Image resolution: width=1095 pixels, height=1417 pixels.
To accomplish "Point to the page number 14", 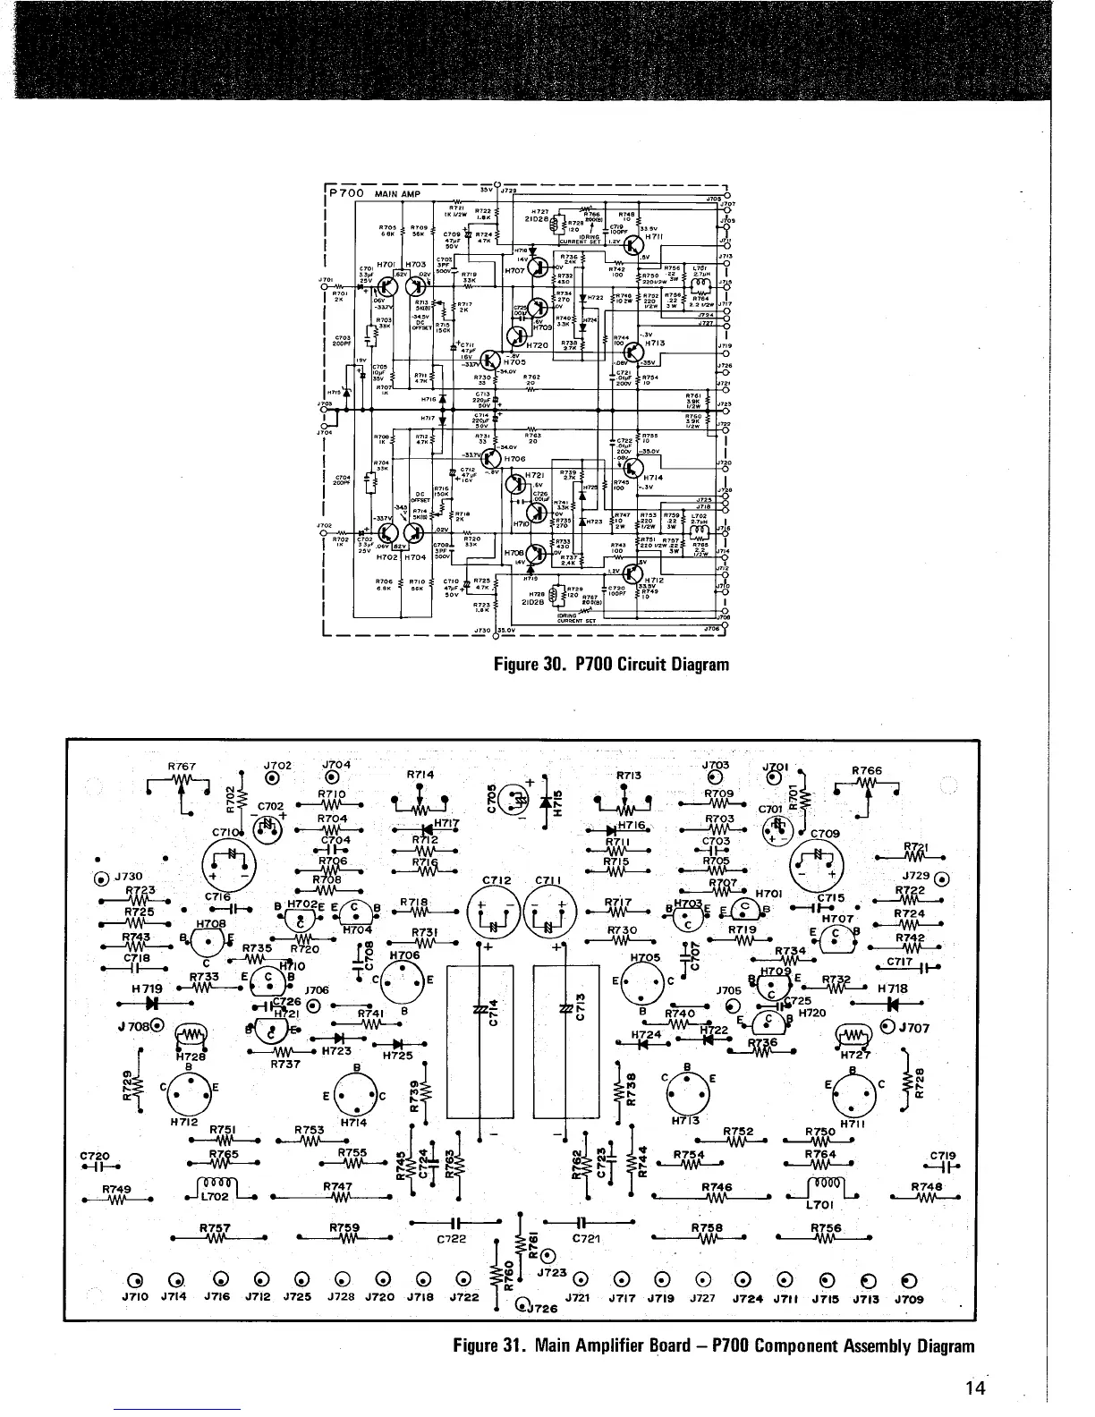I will pos(974,1388).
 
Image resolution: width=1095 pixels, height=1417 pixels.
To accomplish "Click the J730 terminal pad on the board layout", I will pos(104,876).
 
